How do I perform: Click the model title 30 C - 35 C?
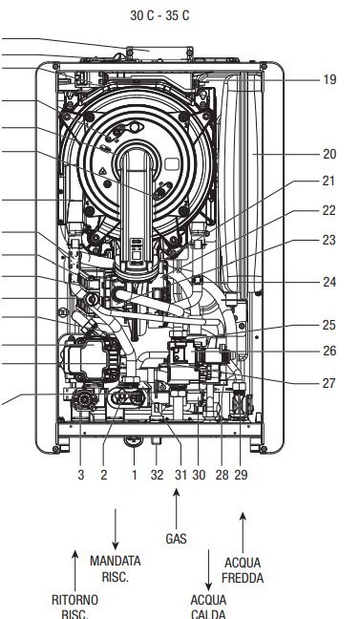pyautogui.click(x=159, y=15)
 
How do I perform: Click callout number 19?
pyautogui.click(x=329, y=79)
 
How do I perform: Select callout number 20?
pyautogui.click(x=329, y=154)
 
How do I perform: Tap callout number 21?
pyautogui.click(x=328, y=181)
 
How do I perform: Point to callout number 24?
pyautogui.click(x=329, y=282)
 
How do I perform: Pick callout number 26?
pyautogui.click(x=329, y=351)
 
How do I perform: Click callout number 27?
pyautogui.click(x=328, y=383)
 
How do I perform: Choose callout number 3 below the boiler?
pyautogui.click(x=81, y=475)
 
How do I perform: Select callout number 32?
pyautogui.click(x=157, y=475)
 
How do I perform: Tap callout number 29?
pyautogui.click(x=241, y=475)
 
